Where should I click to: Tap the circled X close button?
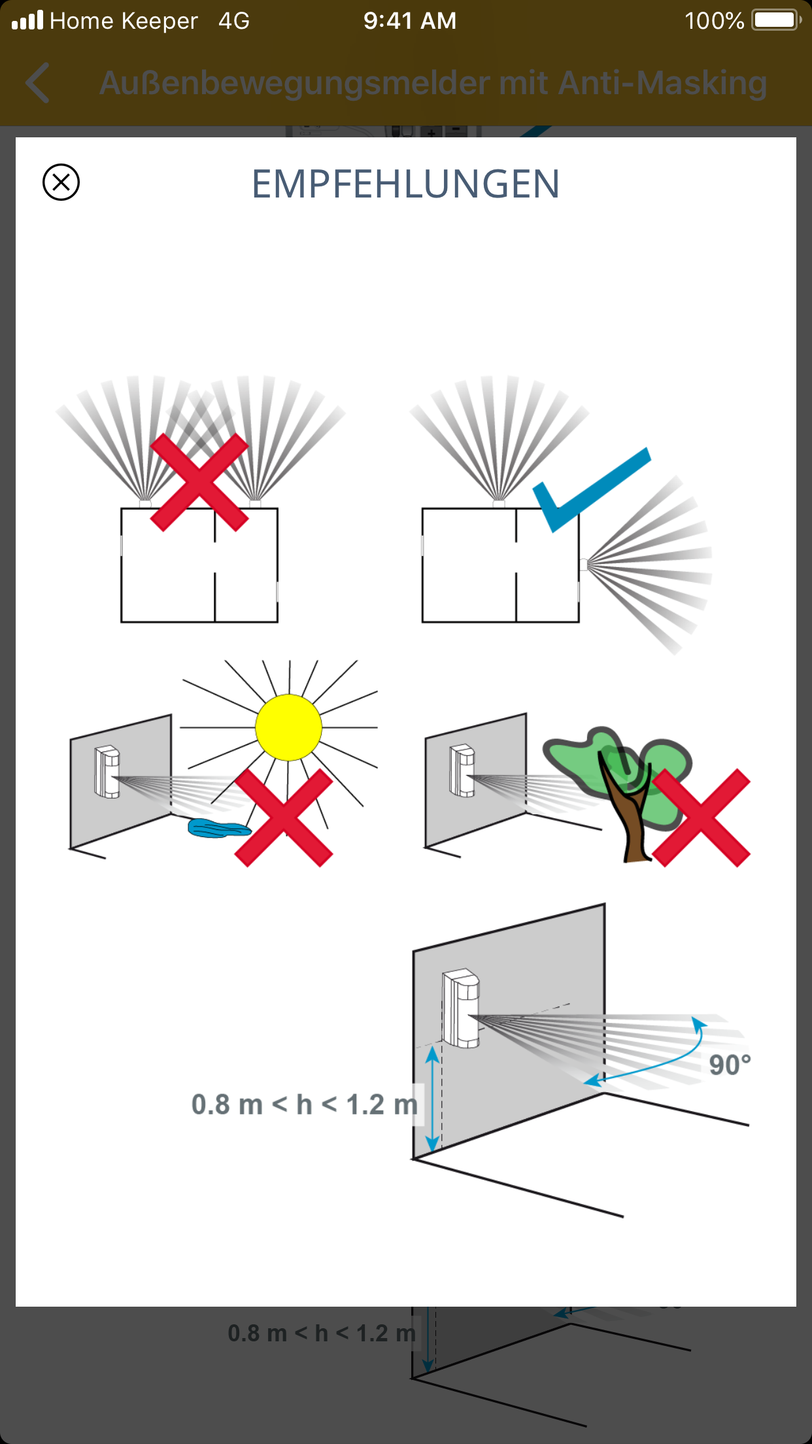click(61, 182)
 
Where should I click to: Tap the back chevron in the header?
click(37, 83)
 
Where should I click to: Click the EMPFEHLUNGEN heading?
click(405, 184)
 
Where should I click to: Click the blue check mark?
click(592, 489)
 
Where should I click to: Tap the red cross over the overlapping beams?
click(199, 483)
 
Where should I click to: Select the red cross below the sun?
click(284, 817)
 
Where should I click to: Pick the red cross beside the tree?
click(701, 817)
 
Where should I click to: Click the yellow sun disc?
click(288, 727)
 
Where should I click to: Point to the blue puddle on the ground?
click(219, 828)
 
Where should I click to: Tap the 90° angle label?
click(730, 1065)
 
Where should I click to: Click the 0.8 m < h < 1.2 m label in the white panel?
click(305, 1105)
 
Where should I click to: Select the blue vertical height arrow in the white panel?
click(432, 1099)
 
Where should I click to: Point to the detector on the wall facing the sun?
click(107, 772)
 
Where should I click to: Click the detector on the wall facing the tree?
click(462, 770)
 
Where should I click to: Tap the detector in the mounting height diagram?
click(461, 1008)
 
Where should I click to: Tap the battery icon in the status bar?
click(777, 20)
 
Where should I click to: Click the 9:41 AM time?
click(410, 21)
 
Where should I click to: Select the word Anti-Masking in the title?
click(662, 84)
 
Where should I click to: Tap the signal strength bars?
click(27, 20)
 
